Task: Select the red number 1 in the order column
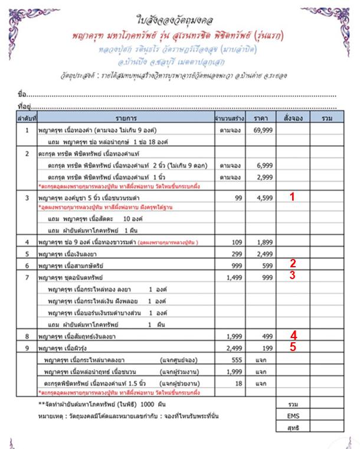[292, 199]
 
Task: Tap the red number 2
[292, 264]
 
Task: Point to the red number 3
[292, 275]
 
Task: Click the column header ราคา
[260, 119]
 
